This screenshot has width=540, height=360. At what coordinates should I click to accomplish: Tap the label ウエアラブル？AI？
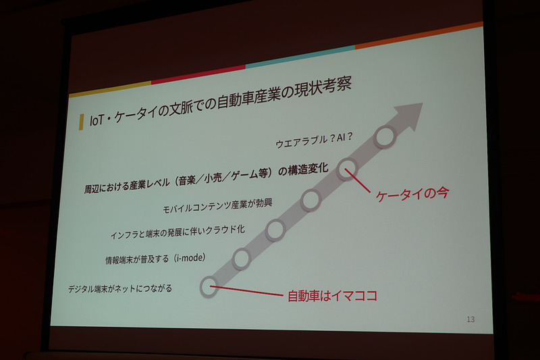[x=315, y=143]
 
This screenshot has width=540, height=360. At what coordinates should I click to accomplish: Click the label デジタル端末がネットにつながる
[x=120, y=289]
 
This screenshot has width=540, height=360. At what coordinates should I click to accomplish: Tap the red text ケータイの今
[x=412, y=193]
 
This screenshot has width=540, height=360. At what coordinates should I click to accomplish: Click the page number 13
[x=470, y=318]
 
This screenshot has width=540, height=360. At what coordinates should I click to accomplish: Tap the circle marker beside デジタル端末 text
[x=209, y=287]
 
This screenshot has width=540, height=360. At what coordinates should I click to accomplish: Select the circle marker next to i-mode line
[x=242, y=257]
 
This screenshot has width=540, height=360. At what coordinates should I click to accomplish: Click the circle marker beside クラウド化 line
[x=276, y=230]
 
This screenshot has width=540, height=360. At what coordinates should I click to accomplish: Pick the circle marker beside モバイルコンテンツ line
[x=310, y=199]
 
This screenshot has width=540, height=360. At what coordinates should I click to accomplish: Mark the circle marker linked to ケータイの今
[x=346, y=168]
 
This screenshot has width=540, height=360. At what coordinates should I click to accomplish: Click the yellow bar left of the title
[x=81, y=122]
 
